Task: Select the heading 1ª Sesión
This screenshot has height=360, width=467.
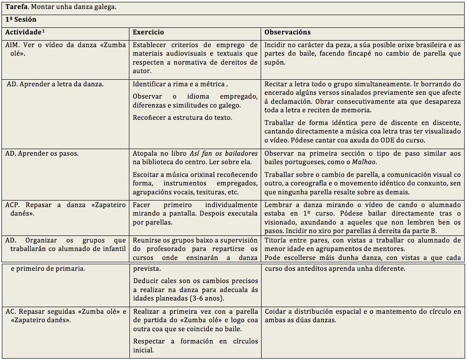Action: (21, 20)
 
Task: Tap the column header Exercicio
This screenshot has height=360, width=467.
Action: (148, 33)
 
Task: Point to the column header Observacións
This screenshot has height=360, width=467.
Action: (288, 33)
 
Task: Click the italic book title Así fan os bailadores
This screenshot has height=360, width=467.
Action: (224, 154)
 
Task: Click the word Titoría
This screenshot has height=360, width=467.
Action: (277, 240)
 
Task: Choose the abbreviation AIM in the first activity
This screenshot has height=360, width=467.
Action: (12, 45)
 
